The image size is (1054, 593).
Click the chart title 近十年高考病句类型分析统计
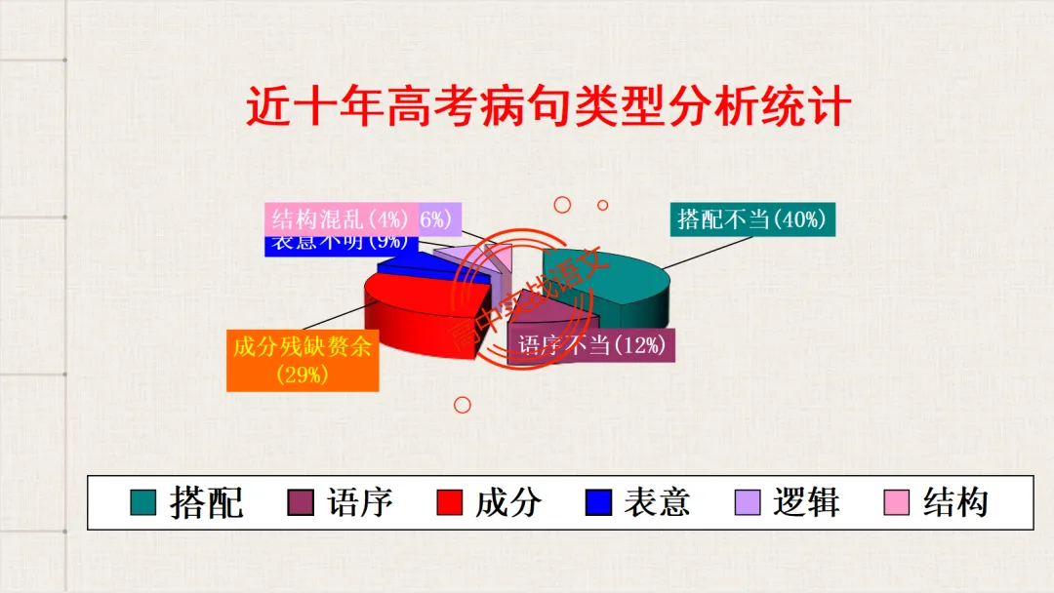pyautogui.click(x=547, y=108)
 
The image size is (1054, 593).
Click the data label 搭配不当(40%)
pyautogui.click(x=751, y=219)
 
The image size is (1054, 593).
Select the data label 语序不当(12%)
pyautogui.click(x=592, y=344)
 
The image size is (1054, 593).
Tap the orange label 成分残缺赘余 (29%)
pyautogui.click(x=303, y=360)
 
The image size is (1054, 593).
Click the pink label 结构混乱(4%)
pyautogui.click(x=340, y=218)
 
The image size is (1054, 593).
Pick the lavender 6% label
pyautogui.click(x=439, y=218)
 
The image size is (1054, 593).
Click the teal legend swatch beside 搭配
pyautogui.click(x=143, y=502)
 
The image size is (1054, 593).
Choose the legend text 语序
pyautogui.click(x=360, y=502)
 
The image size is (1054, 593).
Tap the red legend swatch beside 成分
pyautogui.click(x=449, y=502)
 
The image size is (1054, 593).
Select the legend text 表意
pyautogui.click(x=657, y=502)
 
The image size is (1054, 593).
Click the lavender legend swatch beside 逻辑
pyautogui.click(x=747, y=502)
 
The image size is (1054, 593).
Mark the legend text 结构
pyautogui.click(x=955, y=502)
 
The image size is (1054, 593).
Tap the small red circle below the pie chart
pyautogui.click(x=463, y=404)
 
